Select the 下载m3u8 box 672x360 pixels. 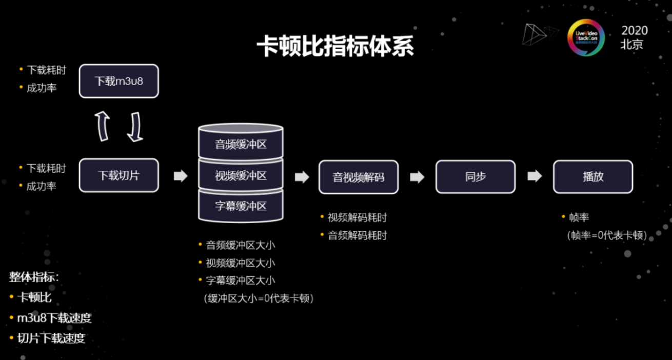[118, 81]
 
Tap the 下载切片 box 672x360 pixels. [118, 175]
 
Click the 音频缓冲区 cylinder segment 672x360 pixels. [241, 144]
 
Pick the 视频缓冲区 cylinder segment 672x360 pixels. [241, 175]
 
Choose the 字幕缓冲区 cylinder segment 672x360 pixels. [241, 206]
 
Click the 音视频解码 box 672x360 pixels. [358, 177]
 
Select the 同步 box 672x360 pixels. [475, 177]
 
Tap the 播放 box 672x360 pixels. [592, 177]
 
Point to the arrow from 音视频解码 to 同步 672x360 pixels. [417, 176]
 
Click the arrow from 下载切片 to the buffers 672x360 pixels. [181, 176]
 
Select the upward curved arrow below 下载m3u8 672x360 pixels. [103, 126]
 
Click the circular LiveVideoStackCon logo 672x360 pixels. [586, 37]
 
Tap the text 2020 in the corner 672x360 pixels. [635, 31]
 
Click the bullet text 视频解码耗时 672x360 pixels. [357, 217]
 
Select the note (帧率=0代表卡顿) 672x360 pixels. [607, 235]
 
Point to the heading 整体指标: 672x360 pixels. [34, 277]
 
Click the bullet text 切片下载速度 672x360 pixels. [51, 338]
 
